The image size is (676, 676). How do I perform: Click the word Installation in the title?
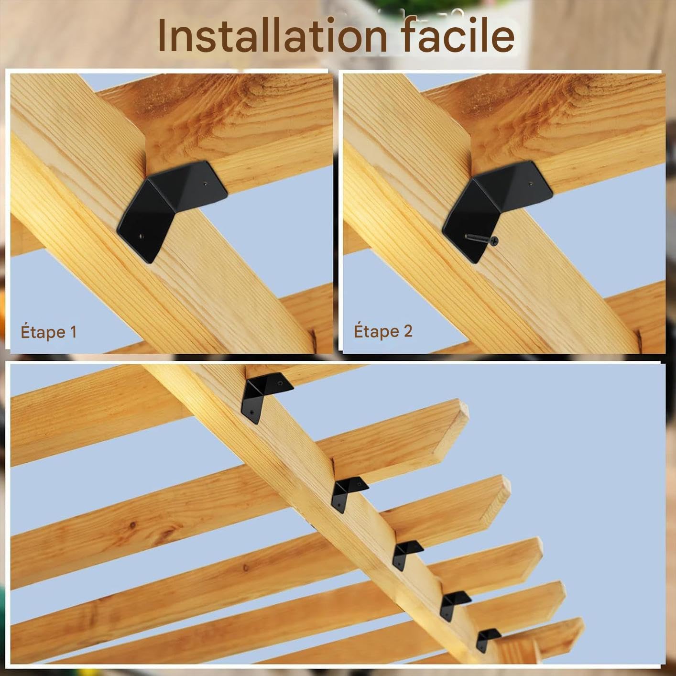click(x=273, y=36)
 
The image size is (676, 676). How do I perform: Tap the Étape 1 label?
click(x=48, y=332)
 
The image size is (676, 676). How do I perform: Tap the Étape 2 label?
click(x=383, y=331)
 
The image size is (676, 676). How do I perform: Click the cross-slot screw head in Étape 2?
click(x=494, y=241)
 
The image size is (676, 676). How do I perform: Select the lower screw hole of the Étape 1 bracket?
click(x=141, y=237)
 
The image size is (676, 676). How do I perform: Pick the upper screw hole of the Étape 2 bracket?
click(x=531, y=183)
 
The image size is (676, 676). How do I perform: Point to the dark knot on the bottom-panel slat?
click(x=132, y=525)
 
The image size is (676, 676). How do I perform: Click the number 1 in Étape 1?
click(x=73, y=332)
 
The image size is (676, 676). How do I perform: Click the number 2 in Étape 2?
click(x=408, y=331)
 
